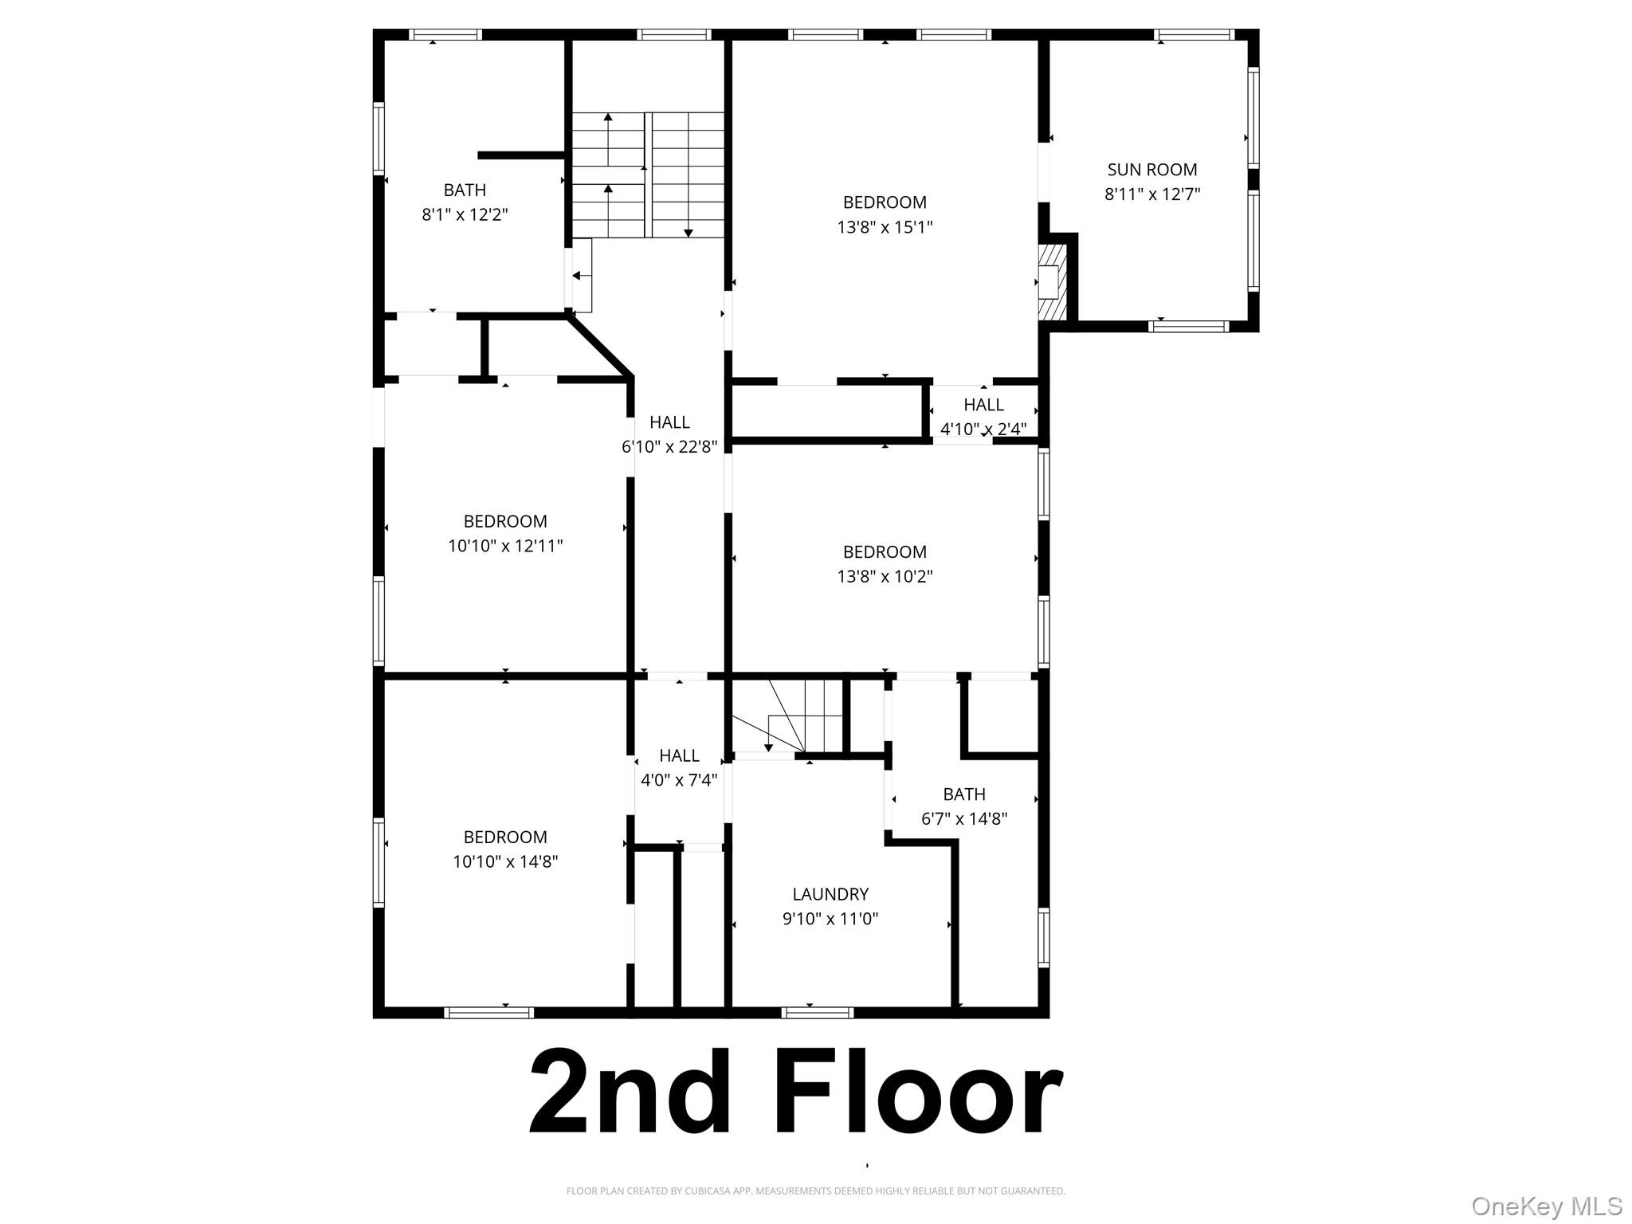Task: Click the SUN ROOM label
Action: click(1151, 170)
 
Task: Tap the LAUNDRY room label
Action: click(830, 894)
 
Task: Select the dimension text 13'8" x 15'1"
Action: click(885, 227)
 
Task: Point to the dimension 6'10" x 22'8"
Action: click(669, 447)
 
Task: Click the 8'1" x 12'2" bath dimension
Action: click(465, 214)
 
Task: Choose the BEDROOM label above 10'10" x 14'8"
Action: click(505, 837)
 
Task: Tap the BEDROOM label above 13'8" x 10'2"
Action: click(885, 551)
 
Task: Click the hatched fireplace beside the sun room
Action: click(1051, 282)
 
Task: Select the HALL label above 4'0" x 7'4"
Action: click(679, 755)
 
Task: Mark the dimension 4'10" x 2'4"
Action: click(983, 429)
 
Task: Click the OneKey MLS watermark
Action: click(1546, 1206)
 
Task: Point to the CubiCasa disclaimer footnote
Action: click(815, 1191)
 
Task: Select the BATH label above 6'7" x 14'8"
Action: click(964, 794)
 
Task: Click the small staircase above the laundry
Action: click(789, 716)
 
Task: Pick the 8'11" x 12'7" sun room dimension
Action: click(1151, 194)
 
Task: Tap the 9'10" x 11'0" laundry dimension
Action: click(830, 919)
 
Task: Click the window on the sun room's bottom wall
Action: click(1188, 326)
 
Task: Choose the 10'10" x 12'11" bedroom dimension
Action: click(505, 546)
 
